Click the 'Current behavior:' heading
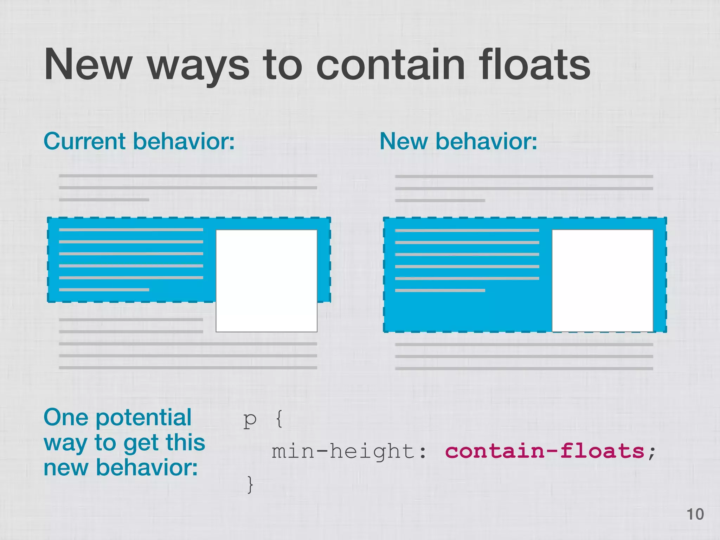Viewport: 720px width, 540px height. coord(139,141)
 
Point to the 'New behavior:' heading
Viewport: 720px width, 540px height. coord(458,141)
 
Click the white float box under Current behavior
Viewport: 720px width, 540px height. coord(266,281)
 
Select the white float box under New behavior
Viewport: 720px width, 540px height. coord(602,280)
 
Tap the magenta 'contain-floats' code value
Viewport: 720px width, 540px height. coord(544,451)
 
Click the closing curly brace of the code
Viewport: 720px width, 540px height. coord(250,484)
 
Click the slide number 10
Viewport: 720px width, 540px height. coord(695,514)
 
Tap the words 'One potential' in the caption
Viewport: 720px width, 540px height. coord(117,417)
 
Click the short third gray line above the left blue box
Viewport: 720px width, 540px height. coord(104,200)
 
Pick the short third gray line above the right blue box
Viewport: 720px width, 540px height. coord(440,200)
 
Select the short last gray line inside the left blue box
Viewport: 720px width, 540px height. coord(104,290)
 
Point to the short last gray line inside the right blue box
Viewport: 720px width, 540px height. coord(440,290)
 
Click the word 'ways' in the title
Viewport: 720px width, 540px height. coord(198,67)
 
